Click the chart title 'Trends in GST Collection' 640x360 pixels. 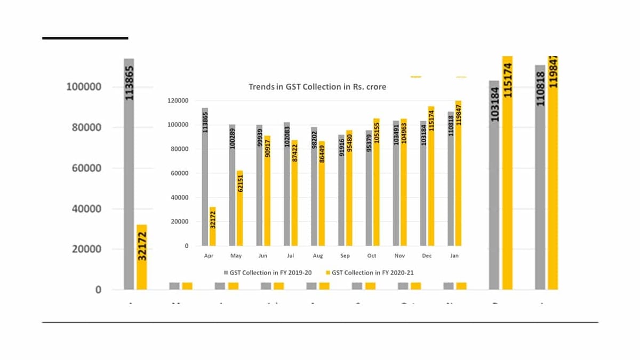coord(317,86)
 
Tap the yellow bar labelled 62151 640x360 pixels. coord(239,208)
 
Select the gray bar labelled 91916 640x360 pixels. coord(341,190)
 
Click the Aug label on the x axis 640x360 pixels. coord(318,256)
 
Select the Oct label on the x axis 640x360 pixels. coord(372,256)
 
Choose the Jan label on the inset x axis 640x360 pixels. coord(454,256)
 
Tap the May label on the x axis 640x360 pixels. coord(236,256)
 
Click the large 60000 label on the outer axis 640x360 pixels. coord(84,168)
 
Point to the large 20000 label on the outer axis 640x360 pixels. coord(84,249)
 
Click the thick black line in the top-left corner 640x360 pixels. coord(85,38)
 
